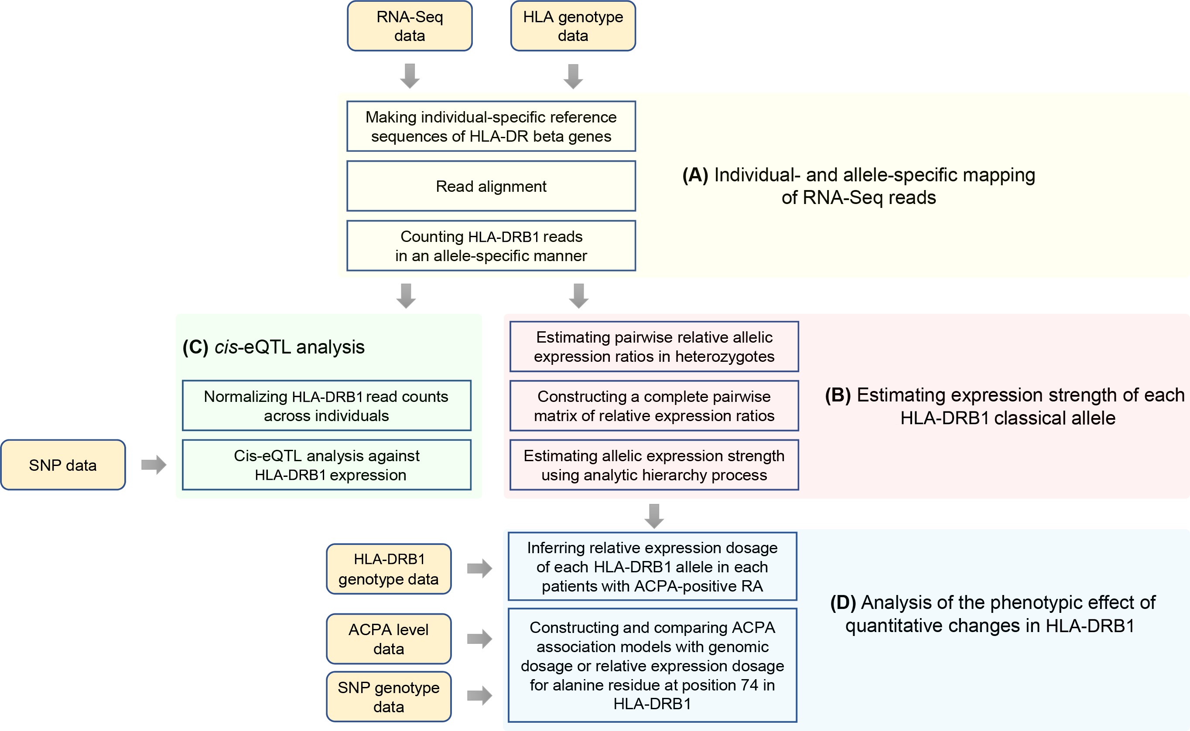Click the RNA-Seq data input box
pos(409,26)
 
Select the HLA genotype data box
pos(573,26)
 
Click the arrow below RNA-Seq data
pos(409,75)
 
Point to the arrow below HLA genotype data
pos(573,76)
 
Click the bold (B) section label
pos(838,395)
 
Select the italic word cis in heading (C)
pos(226,347)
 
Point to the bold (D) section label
pos(843,603)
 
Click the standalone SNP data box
pos(63,465)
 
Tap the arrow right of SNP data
pos(154,465)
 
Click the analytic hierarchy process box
pos(653,465)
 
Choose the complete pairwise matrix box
pos(653,406)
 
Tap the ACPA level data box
pos(388,639)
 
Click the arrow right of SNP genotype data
pos(479,696)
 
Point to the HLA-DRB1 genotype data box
pos(388,568)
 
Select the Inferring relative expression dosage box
pos(652,567)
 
